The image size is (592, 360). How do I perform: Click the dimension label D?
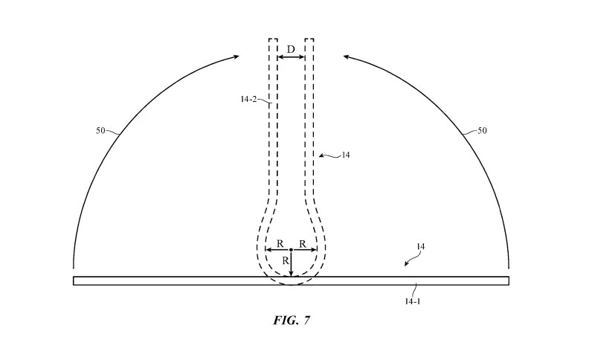pyautogui.click(x=291, y=49)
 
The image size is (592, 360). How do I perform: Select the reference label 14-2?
pyautogui.click(x=249, y=98)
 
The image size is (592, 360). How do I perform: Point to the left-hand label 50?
pyautogui.click(x=101, y=131)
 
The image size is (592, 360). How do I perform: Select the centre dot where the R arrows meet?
pyautogui.click(x=291, y=250)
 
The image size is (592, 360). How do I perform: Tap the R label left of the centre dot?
pyautogui.click(x=279, y=243)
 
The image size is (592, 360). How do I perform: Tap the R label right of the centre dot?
pyautogui.click(x=302, y=243)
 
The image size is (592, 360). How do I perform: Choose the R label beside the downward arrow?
pyautogui.click(x=283, y=261)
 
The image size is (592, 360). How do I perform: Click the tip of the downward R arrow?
pyautogui.click(x=291, y=274)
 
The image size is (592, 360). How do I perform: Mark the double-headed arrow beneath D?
pyautogui.click(x=291, y=57)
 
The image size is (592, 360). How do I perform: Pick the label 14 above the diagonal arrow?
pyautogui.click(x=420, y=245)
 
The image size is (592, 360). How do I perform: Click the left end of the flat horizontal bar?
pyautogui.click(x=75, y=280)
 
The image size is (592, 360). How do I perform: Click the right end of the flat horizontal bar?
pyautogui.click(x=507, y=280)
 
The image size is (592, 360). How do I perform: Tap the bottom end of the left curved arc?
pyautogui.click(x=74, y=266)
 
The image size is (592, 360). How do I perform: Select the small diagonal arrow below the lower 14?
pyautogui.click(x=408, y=261)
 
